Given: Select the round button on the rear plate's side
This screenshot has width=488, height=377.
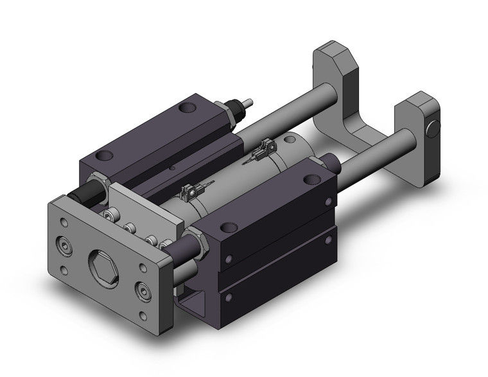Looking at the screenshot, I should pyautogui.click(x=433, y=127).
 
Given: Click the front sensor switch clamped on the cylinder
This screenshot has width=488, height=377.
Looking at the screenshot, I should pyautogui.click(x=190, y=191).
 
